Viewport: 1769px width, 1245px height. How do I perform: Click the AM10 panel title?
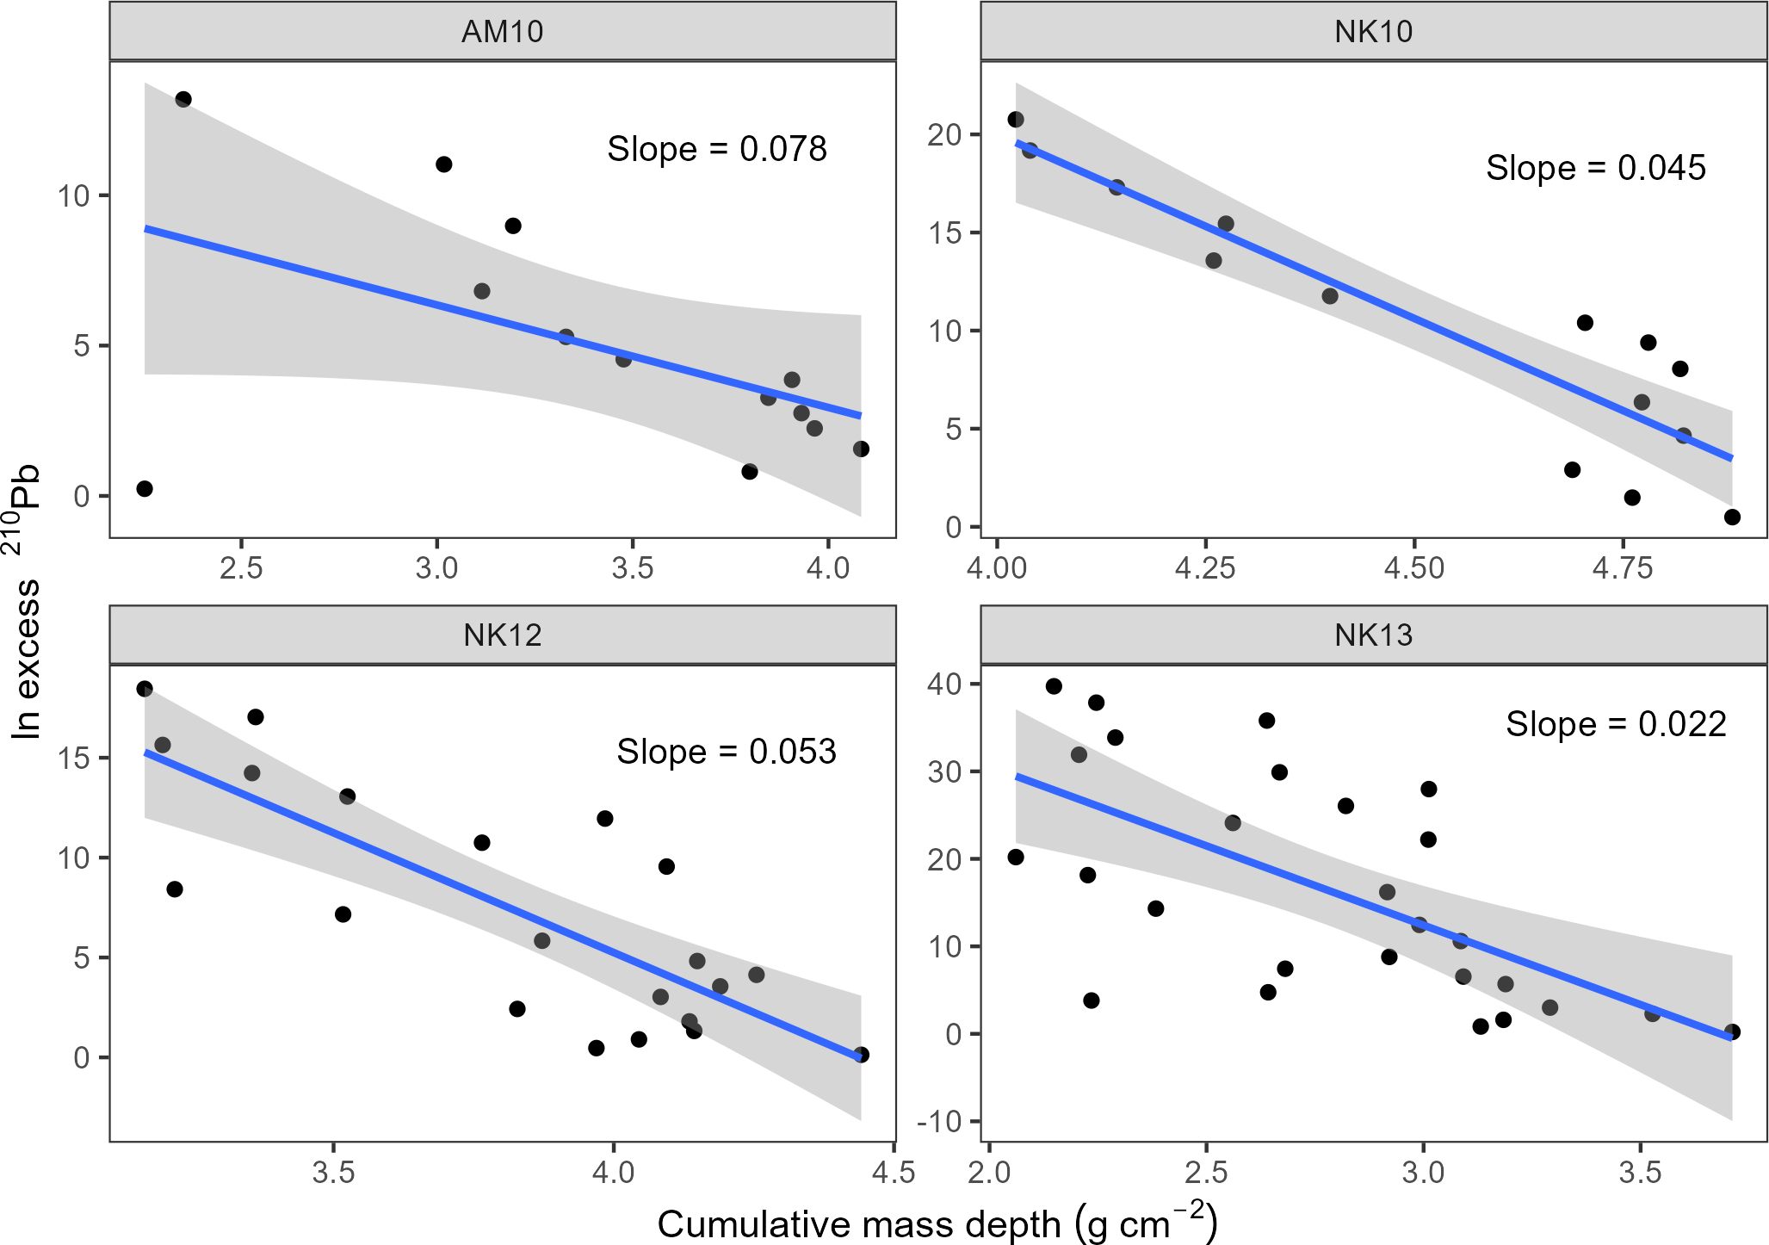503,32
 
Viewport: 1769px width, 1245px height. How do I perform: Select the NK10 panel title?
1373,32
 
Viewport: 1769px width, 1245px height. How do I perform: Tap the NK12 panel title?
503,635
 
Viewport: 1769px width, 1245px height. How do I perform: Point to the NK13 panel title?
1373,635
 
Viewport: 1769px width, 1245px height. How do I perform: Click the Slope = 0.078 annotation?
716,149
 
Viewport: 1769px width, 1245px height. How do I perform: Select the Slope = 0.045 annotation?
1595,168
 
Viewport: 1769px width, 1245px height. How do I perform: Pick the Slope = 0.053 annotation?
726,752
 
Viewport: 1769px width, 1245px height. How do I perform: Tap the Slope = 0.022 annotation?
1616,724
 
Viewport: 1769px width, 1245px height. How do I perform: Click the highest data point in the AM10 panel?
183,99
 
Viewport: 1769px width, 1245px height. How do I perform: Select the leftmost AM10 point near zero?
145,489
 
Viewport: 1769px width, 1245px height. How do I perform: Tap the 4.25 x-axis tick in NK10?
1205,569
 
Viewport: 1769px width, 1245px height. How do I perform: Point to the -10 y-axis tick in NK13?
941,1122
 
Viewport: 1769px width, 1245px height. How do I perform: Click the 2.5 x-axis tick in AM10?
241,569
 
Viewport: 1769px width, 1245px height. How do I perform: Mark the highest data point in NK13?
1054,686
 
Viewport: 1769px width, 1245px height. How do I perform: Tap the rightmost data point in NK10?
1732,517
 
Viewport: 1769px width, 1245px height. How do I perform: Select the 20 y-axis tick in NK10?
944,135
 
